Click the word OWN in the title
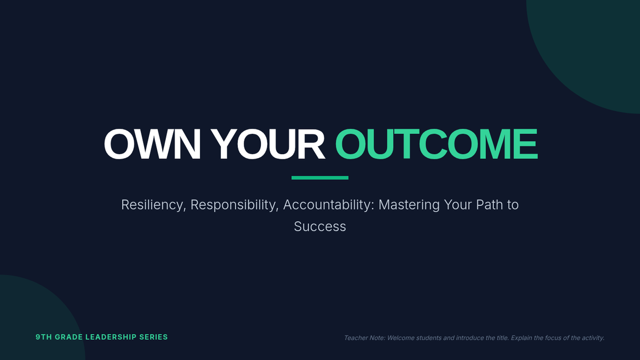pyautogui.click(x=152, y=144)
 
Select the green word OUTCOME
pyautogui.click(x=436, y=144)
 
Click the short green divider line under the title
pyautogui.click(x=319, y=178)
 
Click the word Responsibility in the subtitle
pyautogui.click(x=234, y=205)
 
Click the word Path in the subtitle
pyautogui.click(x=489, y=205)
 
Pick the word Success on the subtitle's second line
pyautogui.click(x=320, y=227)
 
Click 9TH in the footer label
pyautogui.click(x=44, y=337)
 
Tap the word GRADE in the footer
pyautogui.click(x=69, y=337)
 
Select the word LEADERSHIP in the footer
pyautogui.click(x=111, y=337)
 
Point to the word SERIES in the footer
pyautogui.click(x=154, y=337)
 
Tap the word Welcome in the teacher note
pyautogui.click(x=399, y=338)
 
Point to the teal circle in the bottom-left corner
pyautogui.click(x=34, y=323)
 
